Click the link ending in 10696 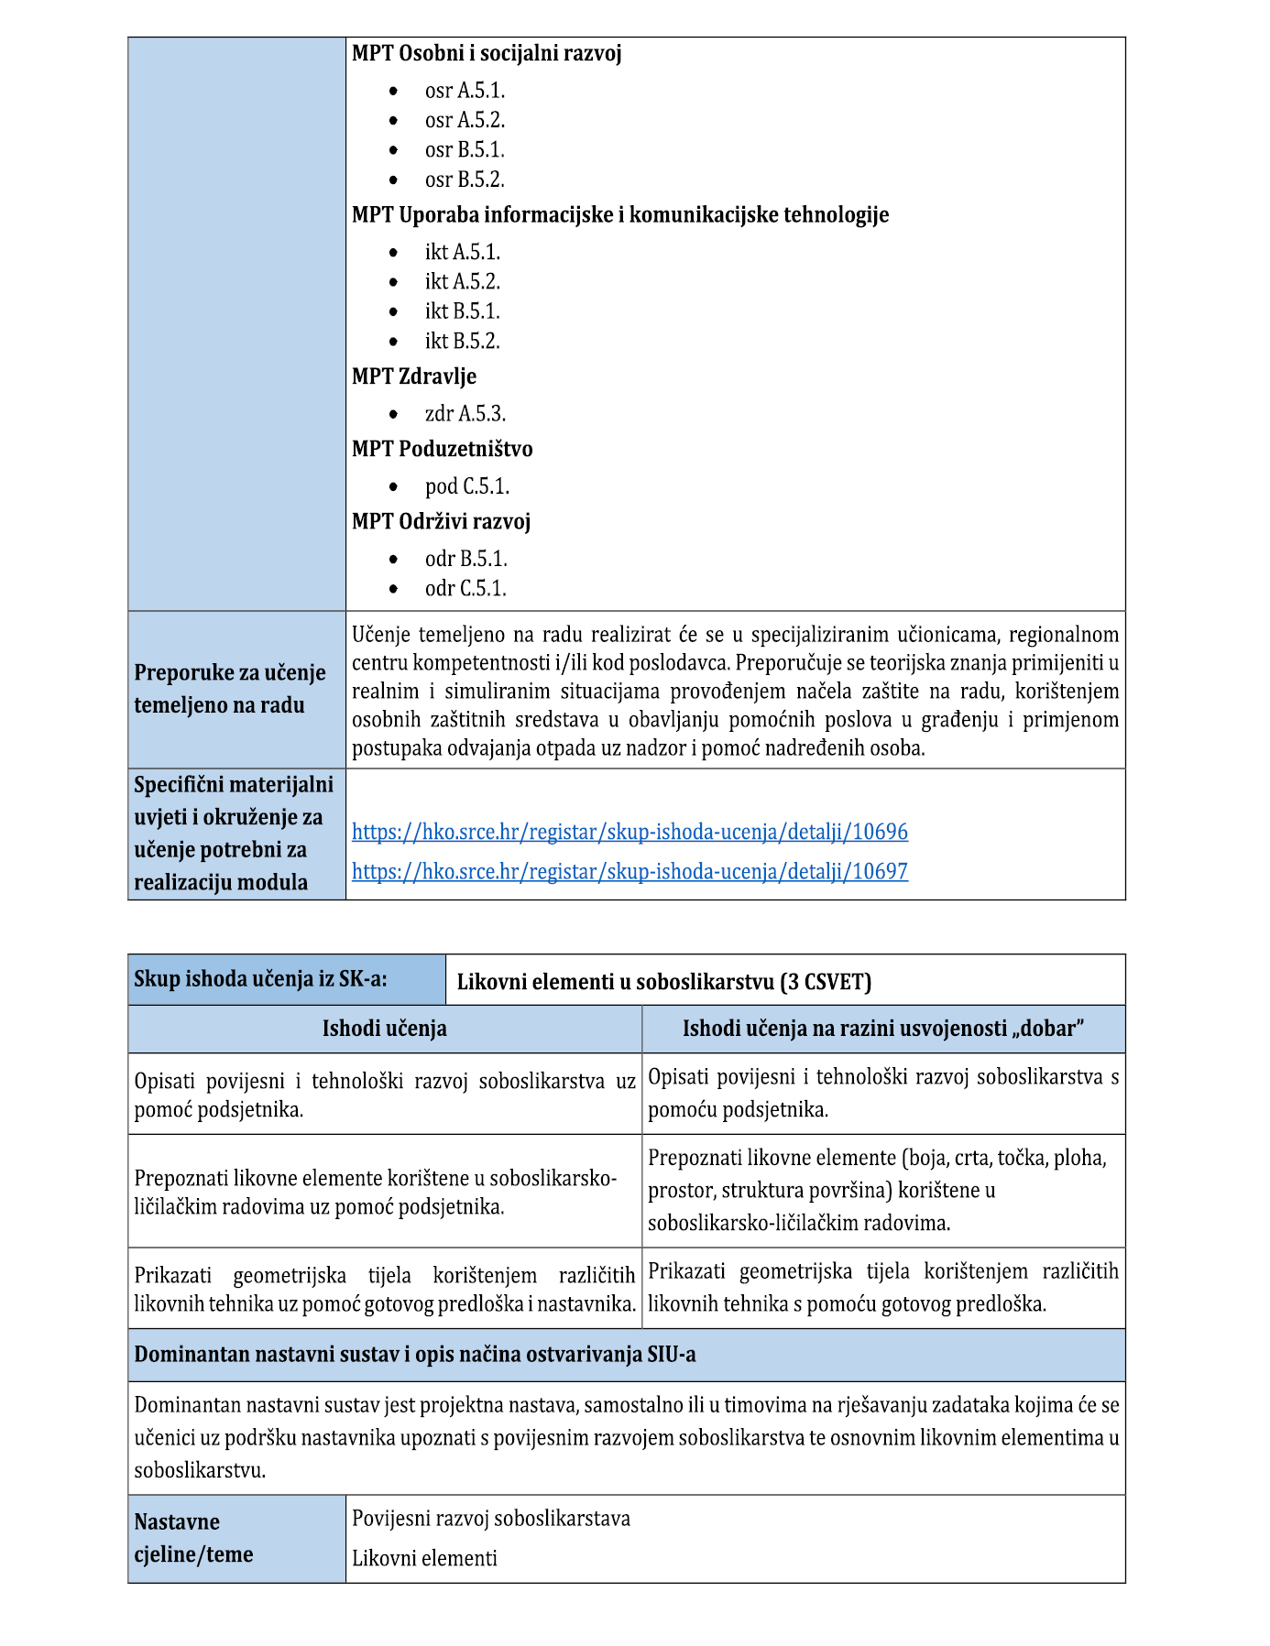click(630, 832)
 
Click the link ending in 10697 click(630, 871)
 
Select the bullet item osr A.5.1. click(465, 91)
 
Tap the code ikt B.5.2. click(462, 342)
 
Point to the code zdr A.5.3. click(465, 414)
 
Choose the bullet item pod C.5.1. click(466, 486)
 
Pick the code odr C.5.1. click(465, 588)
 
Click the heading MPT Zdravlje click(414, 376)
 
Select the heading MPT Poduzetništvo click(442, 449)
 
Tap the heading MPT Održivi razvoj click(441, 521)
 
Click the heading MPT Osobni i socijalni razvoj click(487, 53)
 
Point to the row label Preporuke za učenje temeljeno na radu click(230, 689)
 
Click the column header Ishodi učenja click(384, 1029)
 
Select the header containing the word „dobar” click(883, 1029)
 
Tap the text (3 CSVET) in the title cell click(826, 982)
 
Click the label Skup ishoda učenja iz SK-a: click(260, 978)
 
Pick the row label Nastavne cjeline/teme click(192, 1538)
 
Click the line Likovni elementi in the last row click(424, 1558)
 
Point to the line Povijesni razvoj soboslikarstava click(491, 1518)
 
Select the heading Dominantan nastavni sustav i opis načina click(414, 1355)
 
